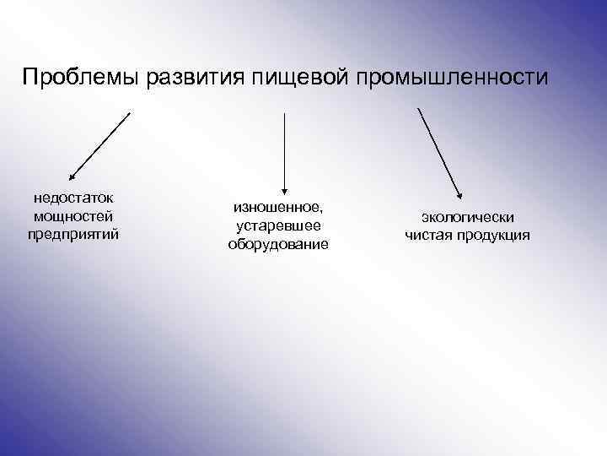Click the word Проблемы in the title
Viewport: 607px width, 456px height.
coord(81,79)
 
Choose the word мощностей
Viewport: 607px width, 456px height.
coord(73,216)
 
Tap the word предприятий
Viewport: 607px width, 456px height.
coord(73,233)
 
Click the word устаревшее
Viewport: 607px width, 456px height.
coord(278,225)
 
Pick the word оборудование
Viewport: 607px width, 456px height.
coord(278,244)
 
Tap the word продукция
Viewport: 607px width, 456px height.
coord(494,235)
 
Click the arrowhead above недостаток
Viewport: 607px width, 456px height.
coord(73,178)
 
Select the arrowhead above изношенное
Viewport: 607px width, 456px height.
coord(285,190)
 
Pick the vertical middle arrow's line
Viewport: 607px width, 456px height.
coord(285,148)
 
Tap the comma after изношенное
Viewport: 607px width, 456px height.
coord(321,211)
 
